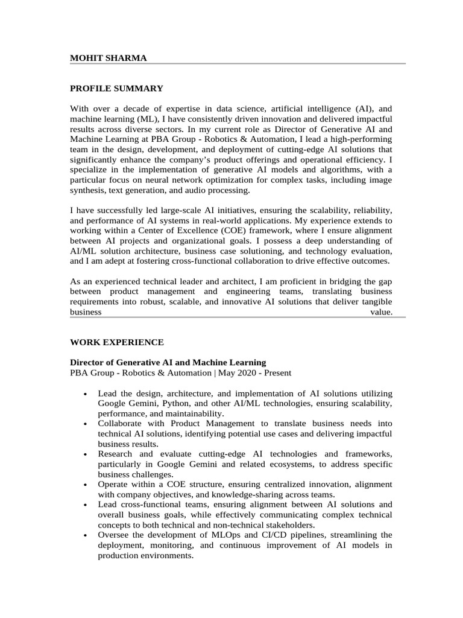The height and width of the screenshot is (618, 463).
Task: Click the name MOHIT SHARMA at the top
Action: (x=109, y=58)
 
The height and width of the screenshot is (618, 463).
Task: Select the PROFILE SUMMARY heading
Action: (x=116, y=89)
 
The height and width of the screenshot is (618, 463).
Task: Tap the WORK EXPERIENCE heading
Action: (x=116, y=342)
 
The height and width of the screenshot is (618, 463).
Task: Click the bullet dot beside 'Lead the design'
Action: (x=84, y=393)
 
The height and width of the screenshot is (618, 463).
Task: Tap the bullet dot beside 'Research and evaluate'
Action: (x=84, y=454)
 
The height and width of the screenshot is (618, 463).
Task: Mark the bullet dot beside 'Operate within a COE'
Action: (x=84, y=485)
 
